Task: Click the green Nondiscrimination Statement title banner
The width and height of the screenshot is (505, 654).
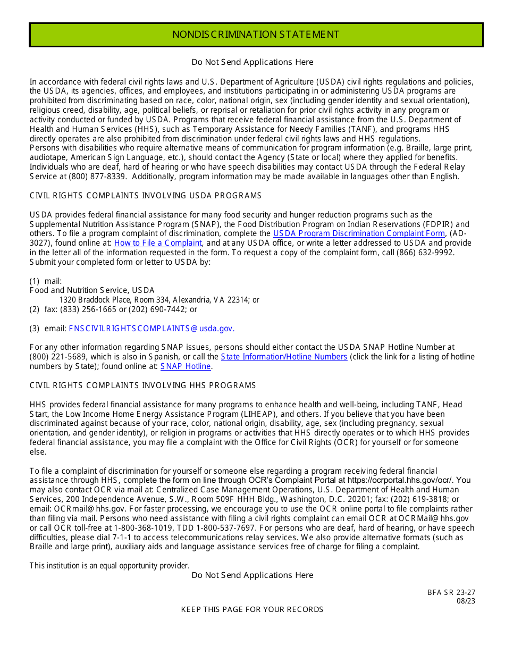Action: [x=256, y=35]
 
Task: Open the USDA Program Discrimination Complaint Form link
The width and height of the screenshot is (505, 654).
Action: [x=359, y=233]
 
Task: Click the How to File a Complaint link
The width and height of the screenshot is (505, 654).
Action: [x=158, y=243]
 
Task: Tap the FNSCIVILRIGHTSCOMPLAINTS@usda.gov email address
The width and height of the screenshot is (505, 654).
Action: [x=151, y=329]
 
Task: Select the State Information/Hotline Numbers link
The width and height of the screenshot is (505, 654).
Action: [x=284, y=357]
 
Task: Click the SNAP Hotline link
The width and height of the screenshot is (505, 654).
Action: [x=186, y=366]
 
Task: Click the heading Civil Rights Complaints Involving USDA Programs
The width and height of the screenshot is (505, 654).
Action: [x=145, y=196]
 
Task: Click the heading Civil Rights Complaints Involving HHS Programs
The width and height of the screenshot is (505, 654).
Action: [x=142, y=385]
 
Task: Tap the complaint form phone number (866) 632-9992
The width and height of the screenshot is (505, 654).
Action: [x=426, y=253]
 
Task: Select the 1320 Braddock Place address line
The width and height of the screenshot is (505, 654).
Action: [x=159, y=300]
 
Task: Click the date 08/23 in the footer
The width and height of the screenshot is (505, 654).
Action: [x=466, y=601]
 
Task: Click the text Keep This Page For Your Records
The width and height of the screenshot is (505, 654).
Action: [x=252, y=609]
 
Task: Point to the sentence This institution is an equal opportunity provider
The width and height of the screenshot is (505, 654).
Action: [x=110, y=566]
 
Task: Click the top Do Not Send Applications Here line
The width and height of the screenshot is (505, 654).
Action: [x=252, y=62]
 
